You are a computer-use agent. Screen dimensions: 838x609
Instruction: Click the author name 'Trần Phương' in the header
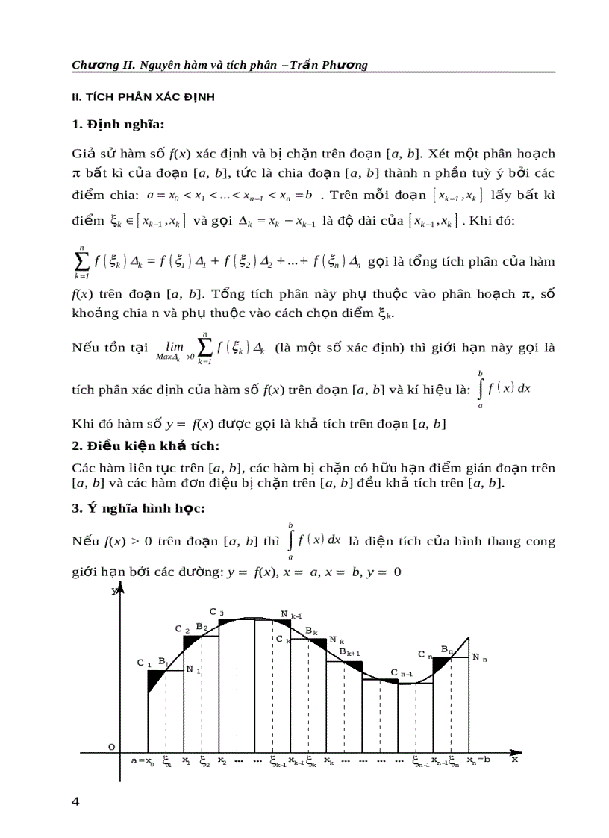coord(334,65)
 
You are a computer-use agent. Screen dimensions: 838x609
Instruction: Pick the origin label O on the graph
coord(111,747)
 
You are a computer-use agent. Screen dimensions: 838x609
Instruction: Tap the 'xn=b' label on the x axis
coord(478,760)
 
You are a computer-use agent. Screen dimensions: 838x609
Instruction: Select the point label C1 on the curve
coord(144,663)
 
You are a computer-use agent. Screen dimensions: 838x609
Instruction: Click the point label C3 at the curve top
coord(216,612)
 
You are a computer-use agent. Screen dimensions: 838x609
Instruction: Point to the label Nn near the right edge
coord(480,657)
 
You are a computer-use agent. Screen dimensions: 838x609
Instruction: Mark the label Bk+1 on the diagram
coord(350,653)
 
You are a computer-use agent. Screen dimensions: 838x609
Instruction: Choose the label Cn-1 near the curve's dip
coord(402,673)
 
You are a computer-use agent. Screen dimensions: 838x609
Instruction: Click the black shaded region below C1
coord(155,679)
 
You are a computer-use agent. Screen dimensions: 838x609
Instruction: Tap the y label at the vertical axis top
coord(113,591)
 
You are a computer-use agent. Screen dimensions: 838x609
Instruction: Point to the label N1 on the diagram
coord(193,669)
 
